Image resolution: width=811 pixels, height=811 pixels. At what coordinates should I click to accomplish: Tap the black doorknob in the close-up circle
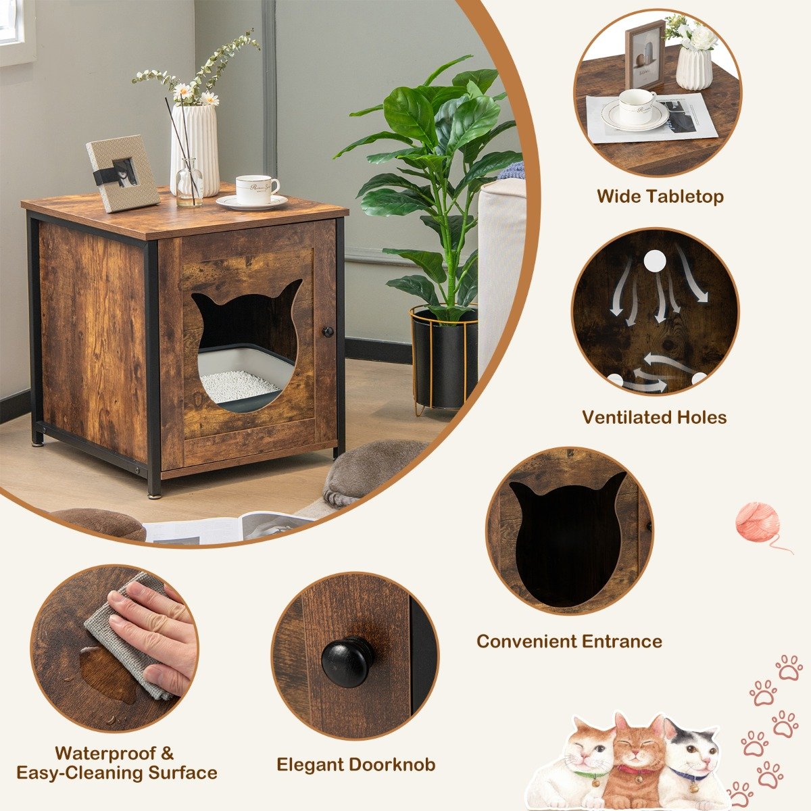pos(347,661)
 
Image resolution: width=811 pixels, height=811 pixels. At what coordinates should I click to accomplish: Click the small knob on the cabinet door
pos(328,332)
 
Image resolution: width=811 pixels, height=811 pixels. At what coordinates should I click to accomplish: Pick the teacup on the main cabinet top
pos(255,189)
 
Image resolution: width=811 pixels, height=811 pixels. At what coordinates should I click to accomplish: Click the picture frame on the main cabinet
pos(122,172)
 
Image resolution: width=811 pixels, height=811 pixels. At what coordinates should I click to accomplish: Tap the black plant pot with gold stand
pos(444,358)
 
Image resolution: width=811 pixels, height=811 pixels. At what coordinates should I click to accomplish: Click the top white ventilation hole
pos(654,262)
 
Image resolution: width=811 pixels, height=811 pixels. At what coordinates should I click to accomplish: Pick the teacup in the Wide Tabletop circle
pos(636,107)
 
